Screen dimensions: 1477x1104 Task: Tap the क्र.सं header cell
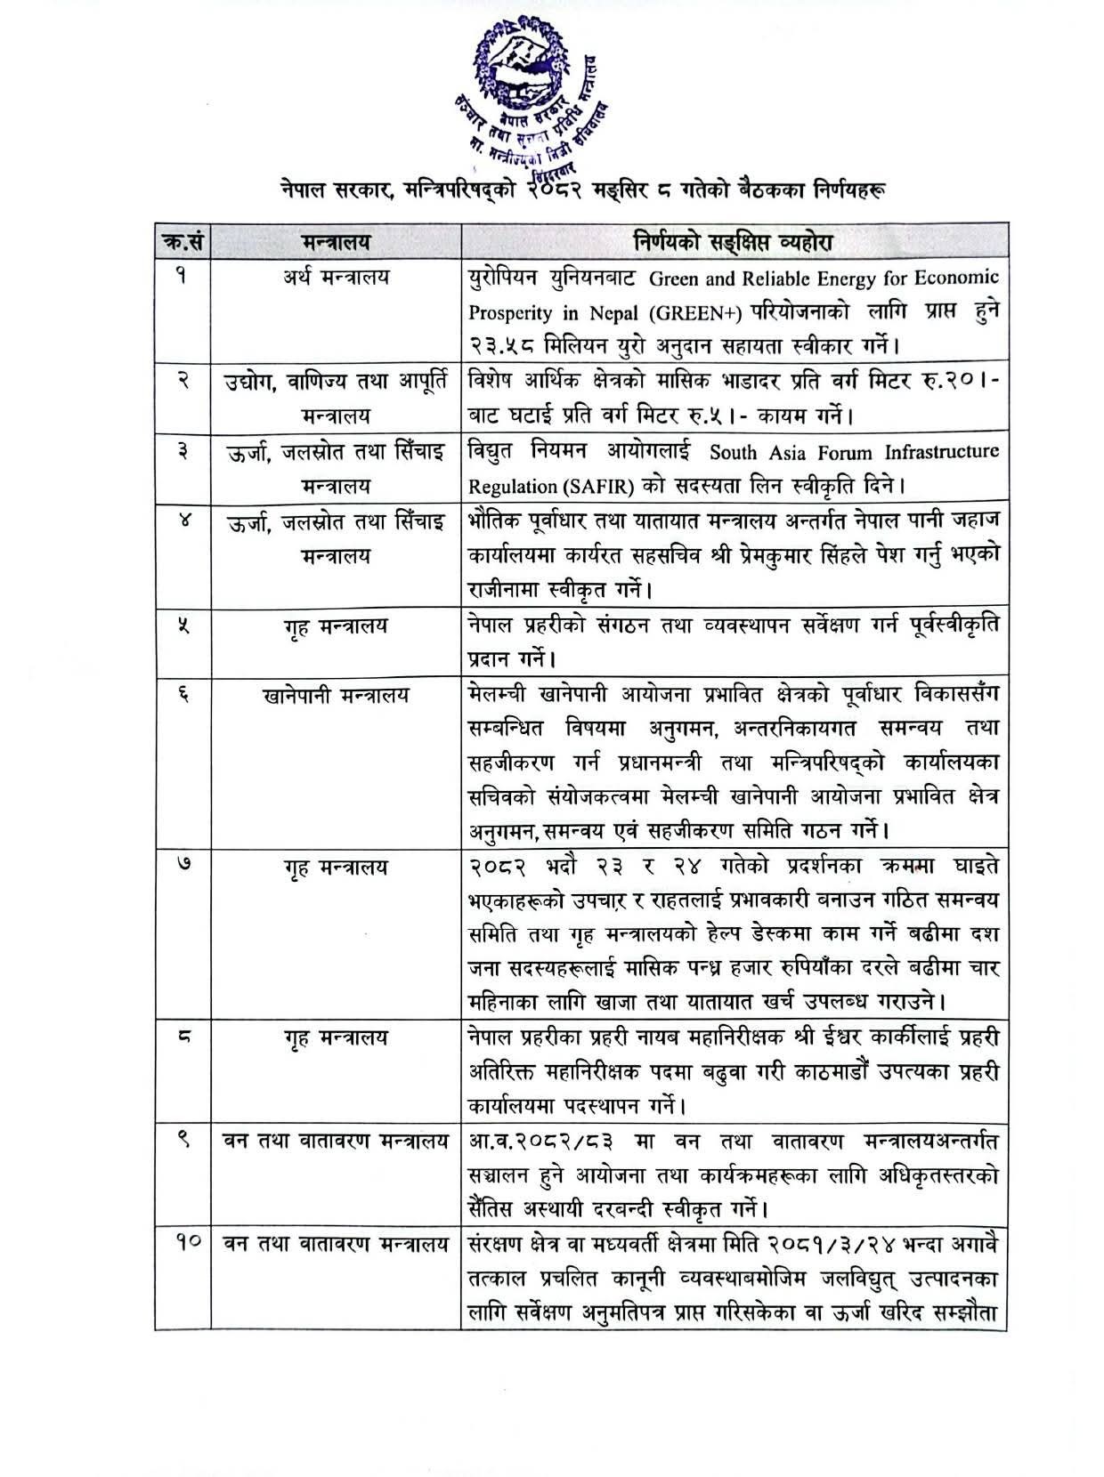click(x=182, y=241)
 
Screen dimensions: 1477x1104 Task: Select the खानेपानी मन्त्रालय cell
click(x=336, y=695)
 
